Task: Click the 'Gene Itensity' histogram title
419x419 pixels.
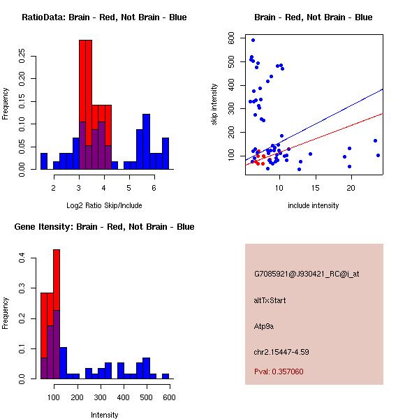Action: tap(104, 227)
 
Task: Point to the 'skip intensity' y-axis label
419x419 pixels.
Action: tap(215, 104)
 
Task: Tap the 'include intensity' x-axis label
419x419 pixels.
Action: tap(314, 205)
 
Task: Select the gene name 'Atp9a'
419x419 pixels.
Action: tap(264, 325)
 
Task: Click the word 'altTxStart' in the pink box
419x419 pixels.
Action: tap(270, 300)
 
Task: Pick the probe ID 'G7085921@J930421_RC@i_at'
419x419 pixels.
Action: tap(307, 274)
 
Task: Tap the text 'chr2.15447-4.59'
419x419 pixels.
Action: tap(281, 351)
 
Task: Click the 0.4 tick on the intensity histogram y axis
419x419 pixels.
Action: tap(22, 258)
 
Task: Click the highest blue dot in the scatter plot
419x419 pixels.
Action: tap(253, 41)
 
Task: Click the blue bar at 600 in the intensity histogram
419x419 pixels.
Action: tap(166, 376)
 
